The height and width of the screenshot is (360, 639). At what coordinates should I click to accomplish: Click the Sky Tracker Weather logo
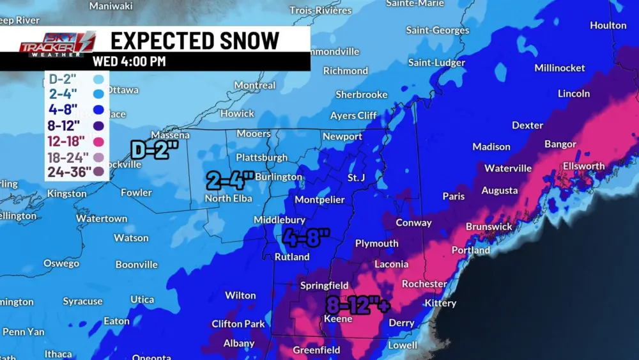[57, 44]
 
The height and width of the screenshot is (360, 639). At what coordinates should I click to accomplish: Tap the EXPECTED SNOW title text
[195, 40]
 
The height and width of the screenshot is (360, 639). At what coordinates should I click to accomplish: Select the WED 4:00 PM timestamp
[129, 62]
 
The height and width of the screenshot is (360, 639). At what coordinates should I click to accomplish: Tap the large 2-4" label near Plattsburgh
[230, 180]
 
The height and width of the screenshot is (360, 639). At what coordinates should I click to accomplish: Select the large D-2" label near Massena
[154, 150]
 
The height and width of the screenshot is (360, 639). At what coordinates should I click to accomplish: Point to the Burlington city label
[279, 177]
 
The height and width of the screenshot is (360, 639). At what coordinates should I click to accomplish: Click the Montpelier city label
[319, 200]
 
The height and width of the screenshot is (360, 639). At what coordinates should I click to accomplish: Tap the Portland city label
[471, 251]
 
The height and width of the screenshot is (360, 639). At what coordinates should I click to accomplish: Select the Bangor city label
[560, 145]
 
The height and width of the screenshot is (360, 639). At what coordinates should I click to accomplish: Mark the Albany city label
[239, 344]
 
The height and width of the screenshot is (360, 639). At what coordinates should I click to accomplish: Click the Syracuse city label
[82, 301]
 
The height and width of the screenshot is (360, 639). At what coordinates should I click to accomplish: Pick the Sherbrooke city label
[362, 95]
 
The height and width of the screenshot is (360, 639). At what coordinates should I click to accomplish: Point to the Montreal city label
[255, 86]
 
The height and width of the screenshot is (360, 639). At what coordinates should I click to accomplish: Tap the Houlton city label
[608, 26]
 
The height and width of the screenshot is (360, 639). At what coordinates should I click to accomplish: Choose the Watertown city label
[102, 219]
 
